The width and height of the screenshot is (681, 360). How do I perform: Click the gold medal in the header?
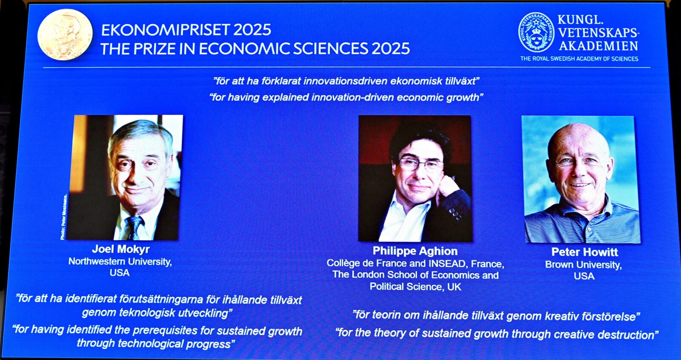[65, 34]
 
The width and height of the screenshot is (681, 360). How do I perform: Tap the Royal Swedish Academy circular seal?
[536, 32]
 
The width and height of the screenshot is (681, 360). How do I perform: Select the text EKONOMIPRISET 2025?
[186, 30]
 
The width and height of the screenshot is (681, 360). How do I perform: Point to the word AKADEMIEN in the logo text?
[598, 46]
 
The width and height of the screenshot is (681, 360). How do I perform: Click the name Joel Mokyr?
[121, 249]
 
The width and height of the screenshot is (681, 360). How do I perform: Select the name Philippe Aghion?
[415, 251]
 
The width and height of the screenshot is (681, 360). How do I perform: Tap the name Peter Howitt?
[585, 252]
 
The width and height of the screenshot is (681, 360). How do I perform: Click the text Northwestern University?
[120, 261]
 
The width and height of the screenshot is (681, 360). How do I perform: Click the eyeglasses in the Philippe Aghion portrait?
[421, 165]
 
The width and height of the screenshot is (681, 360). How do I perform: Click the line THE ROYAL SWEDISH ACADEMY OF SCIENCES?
[579, 59]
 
